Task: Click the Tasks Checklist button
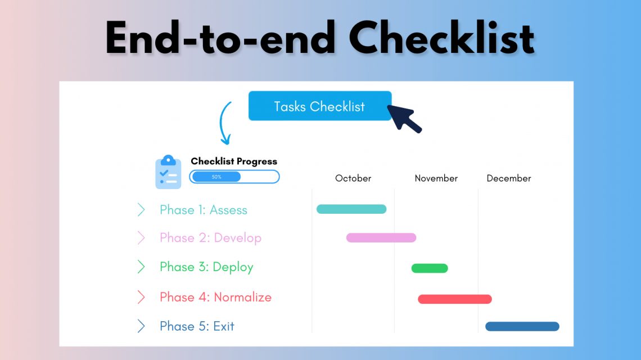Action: click(319, 106)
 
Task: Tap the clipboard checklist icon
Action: click(168, 172)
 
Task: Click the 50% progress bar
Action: click(234, 177)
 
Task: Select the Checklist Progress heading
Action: click(234, 161)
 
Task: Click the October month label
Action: click(353, 178)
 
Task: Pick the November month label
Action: click(436, 178)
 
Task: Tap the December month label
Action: click(509, 178)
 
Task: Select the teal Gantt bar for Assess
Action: click(351, 209)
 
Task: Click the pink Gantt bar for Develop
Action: click(381, 238)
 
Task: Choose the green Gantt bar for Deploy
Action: click(430, 268)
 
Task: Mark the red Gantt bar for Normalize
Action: click(455, 299)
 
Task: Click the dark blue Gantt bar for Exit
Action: click(522, 326)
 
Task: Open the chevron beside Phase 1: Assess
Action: click(141, 210)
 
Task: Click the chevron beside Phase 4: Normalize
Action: click(141, 297)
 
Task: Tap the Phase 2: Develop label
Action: click(210, 238)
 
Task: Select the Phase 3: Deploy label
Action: click(206, 267)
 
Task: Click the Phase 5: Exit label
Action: click(197, 326)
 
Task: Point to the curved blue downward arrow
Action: click(225, 124)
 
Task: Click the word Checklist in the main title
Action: click(441, 38)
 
